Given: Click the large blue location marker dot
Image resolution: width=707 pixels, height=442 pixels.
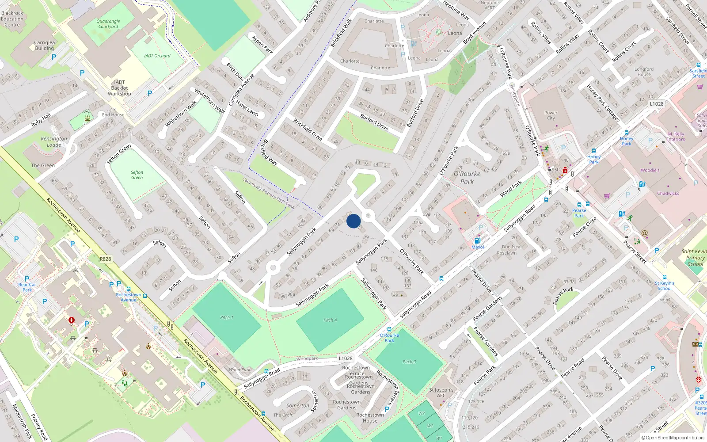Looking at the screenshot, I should coord(353,221).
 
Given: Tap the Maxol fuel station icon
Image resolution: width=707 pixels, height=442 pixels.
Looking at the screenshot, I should coord(477,241).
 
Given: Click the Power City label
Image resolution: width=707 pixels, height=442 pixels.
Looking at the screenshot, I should coord(551,115).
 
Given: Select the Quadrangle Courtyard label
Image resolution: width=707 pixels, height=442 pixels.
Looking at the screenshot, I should coord(108,24).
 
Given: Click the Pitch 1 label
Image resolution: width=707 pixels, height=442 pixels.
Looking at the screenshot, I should coord(227,317).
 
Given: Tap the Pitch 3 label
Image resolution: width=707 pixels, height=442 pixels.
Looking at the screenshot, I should coord(409,362).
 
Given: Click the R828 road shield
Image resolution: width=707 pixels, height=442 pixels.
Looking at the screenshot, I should coord(106,259).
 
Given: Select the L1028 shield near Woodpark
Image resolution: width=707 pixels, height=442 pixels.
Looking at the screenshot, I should coord(346,358).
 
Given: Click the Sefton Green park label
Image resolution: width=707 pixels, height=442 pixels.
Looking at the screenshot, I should coord(137,175).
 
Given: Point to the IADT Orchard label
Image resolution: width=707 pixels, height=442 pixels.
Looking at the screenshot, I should coord(157,56).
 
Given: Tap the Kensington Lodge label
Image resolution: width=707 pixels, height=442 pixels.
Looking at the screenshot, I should coord(54,142).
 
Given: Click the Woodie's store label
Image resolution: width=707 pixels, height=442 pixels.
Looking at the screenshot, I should coord(650,170).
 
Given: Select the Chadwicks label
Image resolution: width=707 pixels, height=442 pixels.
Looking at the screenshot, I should coord(668,193).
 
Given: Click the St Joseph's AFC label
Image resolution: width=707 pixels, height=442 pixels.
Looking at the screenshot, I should coord(441,392).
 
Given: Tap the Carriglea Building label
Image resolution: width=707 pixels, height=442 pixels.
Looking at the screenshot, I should coord(45,45).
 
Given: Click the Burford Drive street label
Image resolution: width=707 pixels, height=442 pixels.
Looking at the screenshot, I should coord(374,122).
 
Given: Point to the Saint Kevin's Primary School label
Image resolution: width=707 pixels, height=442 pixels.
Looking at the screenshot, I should coord(695,258).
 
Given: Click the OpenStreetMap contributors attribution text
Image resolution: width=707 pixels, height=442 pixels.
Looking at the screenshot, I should coord(673,438).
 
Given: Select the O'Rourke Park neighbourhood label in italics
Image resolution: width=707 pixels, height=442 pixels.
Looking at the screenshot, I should coord(467,178).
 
